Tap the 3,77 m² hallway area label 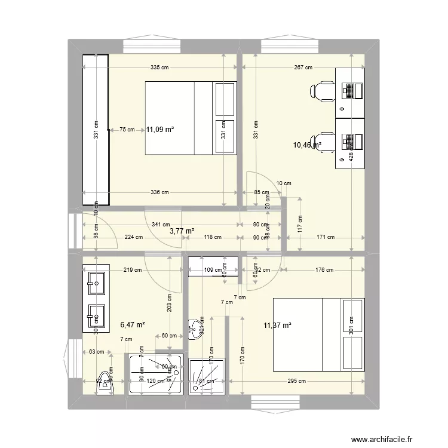[182, 231]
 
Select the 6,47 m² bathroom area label [133, 325]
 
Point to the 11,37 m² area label [277, 326]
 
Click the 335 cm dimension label [159, 67]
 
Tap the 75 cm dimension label [127, 128]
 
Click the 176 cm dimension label [324, 270]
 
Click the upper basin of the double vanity [96, 282]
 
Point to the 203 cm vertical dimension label [169, 305]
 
